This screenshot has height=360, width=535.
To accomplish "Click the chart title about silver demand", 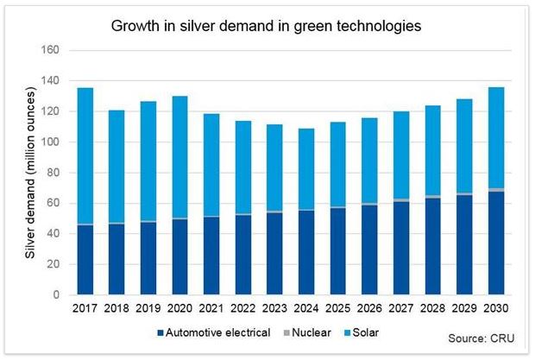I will pos(266,26).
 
